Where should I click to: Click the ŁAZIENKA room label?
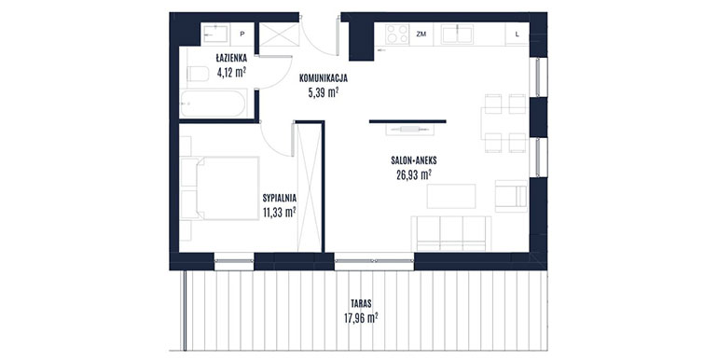coord(231,58)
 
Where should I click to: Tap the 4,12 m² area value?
coord(231,73)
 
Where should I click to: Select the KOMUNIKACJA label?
coord(324,78)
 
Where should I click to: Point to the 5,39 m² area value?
coord(324,93)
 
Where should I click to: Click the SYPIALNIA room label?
coord(280,199)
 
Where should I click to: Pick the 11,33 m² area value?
coord(280,213)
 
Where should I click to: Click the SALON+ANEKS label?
coord(414,160)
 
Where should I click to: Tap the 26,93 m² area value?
coord(414,175)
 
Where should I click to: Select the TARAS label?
coord(361,304)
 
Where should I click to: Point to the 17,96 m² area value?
coord(361,318)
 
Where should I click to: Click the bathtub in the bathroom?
coord(214,103)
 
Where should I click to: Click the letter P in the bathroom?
coord(242,34)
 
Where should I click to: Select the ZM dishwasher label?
coord(421,34)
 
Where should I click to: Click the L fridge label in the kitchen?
coord(517,34)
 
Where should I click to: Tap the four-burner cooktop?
coord(397,34)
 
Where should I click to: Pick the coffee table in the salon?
coord(451,196)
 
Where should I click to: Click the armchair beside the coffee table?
coord(511,196)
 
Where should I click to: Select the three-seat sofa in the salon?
coord(451,233)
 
